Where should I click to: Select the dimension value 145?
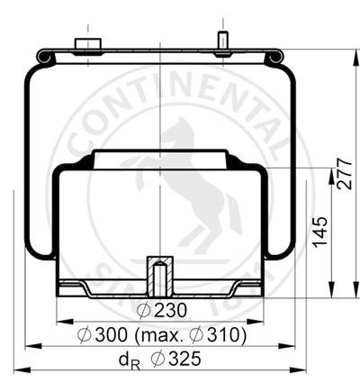319,231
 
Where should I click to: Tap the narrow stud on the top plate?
220,41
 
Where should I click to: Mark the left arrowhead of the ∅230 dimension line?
61,320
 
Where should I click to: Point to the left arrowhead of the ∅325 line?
17,369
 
